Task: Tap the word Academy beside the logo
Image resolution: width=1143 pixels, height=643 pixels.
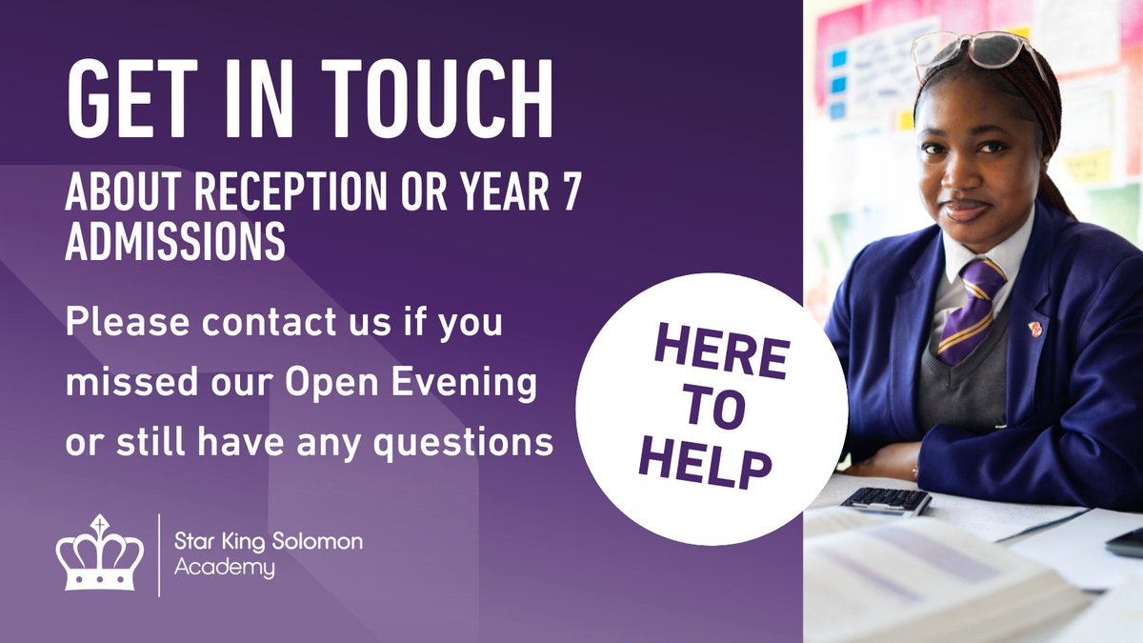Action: (225, 569)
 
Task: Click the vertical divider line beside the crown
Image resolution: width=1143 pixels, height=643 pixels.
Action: (159, 554)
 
